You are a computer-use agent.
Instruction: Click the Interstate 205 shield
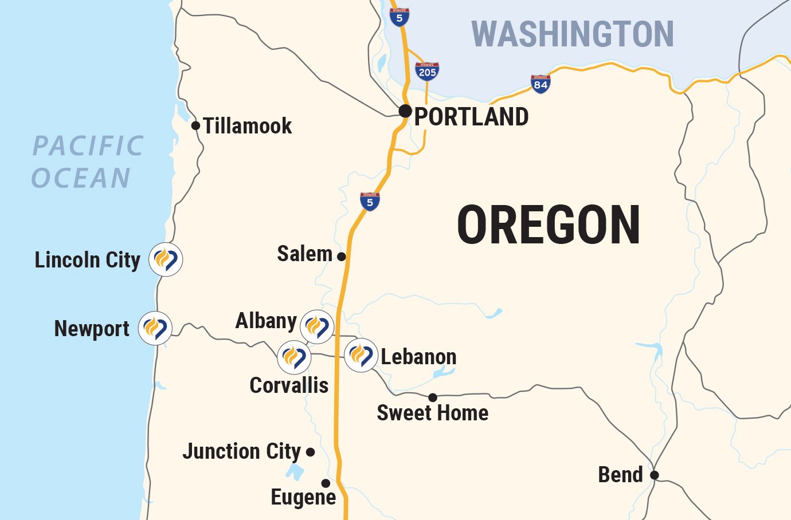427,71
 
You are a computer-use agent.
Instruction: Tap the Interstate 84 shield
541,84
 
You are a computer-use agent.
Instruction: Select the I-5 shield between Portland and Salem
370,202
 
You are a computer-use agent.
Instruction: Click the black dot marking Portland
405,111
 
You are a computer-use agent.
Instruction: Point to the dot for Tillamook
195,125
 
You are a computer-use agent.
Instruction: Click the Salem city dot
342,257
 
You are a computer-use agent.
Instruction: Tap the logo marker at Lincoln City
166,259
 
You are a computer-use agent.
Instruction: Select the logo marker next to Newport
155,328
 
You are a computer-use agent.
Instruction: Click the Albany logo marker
317,326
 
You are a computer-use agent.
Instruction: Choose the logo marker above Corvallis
294,357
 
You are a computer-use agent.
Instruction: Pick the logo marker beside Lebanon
361,355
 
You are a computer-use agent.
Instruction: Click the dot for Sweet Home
433,397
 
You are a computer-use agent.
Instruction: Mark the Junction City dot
311,452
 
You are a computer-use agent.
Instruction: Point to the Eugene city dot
326,483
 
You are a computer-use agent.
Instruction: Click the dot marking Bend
654,475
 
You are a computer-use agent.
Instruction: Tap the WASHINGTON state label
572,34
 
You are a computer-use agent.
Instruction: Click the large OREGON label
549,225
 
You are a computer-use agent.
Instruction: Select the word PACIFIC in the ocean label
88,146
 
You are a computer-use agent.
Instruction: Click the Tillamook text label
248,126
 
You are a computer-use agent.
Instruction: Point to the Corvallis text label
289,385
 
